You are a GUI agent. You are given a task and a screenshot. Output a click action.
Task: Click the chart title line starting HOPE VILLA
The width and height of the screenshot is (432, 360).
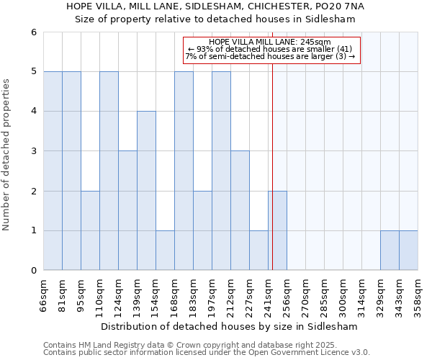[x=215, y=6]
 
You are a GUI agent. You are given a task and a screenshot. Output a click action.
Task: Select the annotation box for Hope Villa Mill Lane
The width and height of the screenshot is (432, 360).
[x=270, y=50]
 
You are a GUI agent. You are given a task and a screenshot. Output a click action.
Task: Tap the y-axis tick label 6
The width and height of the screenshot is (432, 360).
[x=33, y=32]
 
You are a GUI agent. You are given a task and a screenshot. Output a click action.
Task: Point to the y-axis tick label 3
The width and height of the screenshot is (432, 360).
[x=33, y=151]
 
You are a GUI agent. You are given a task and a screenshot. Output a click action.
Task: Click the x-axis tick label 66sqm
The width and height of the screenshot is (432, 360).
[x=44, y=294]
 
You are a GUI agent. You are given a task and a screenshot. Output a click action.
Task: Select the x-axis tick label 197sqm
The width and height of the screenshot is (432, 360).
[x=212, y=294]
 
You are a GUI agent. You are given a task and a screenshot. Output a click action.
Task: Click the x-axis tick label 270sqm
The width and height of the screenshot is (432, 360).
[x=306, y=294]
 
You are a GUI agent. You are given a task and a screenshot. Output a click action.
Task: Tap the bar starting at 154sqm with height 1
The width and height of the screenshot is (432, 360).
[x=165, y=251]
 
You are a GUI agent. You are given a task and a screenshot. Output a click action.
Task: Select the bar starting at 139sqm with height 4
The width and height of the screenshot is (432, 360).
[x=146, y=191]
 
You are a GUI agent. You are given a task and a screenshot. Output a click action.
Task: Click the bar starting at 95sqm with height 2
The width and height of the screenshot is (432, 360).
[x=90, y=230]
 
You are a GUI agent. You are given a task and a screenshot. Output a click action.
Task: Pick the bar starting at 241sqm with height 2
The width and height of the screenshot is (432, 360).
[x=277, y=230]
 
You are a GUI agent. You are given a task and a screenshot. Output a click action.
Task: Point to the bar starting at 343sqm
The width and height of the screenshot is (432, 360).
[x=408, y=251]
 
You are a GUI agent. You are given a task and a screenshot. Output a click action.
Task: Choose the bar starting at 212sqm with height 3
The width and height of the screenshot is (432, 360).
[x=240, y=210]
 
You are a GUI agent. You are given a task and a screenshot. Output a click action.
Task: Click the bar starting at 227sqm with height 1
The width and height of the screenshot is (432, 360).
[x=258, y=251]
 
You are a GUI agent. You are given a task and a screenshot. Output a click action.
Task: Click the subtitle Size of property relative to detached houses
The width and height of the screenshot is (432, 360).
[x=215, y=19]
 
